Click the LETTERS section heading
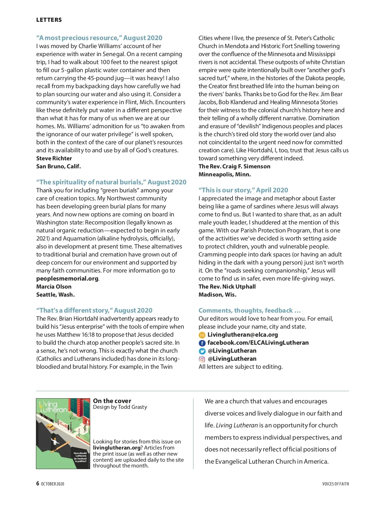49,20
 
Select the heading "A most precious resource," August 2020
99,38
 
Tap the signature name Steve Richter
54,158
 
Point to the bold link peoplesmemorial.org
67,279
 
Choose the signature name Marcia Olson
54,287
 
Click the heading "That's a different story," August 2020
94,310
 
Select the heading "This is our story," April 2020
243,190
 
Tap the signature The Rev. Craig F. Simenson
234,166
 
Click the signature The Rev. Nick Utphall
227,287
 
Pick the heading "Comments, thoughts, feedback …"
250,310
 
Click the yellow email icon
202,335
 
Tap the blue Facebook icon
202,343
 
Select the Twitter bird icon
202,351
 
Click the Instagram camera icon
202,359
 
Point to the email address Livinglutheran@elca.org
243,335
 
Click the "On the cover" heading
112,401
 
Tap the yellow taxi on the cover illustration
51,426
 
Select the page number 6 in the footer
38,484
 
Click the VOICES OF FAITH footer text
335,484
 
